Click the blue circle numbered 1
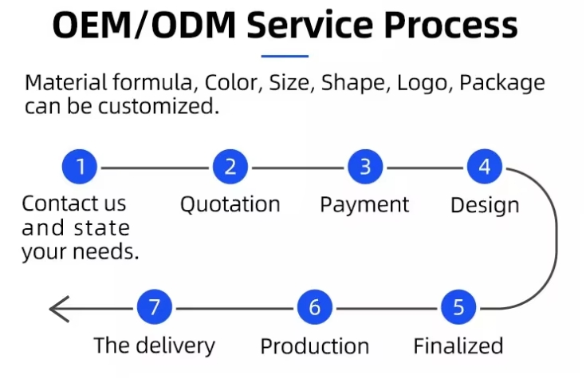[x=80, y=168]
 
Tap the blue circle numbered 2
[x=230, y=168]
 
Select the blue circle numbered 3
[x=365, y=168]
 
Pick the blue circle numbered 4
[x=485, y=168]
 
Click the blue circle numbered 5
[x=458, y=308]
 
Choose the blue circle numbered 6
[x=315, y=308]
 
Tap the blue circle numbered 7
[x=155, y=308]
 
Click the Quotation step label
[x=230, y=205]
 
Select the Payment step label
[x=364, y=205]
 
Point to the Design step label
[x=485, y=206]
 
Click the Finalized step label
[x=458, y=346]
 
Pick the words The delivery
[x=154, y=346]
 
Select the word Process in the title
[x=451, y=27]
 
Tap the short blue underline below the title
[x=285, y=57]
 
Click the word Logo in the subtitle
[x=426, y=83]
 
